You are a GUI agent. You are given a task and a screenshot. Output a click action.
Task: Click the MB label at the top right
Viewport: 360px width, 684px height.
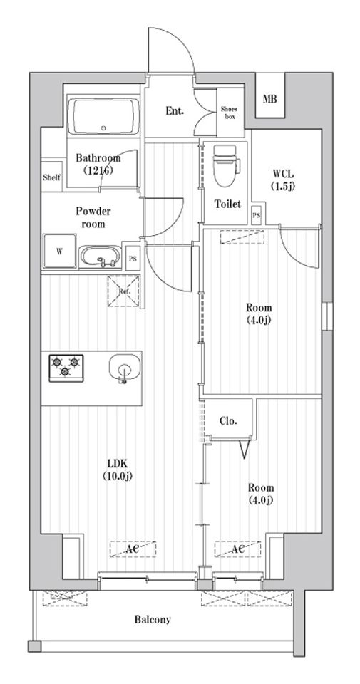[270, 99]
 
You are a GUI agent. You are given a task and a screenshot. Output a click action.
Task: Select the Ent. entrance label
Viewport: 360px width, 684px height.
[175, 111]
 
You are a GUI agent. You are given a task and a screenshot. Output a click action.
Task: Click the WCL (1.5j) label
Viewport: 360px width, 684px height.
[282, 179]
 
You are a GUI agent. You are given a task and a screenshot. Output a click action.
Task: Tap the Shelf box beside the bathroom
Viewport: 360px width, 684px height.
[51, 177]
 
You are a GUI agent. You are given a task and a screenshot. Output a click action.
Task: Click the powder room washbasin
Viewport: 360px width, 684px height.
[101, 256]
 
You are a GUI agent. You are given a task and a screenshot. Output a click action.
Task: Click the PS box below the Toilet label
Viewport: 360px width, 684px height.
[256, 214]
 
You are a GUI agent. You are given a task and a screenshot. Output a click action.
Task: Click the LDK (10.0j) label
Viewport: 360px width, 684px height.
[118, 470]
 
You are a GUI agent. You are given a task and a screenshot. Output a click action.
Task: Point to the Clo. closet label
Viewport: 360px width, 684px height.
[228, 420]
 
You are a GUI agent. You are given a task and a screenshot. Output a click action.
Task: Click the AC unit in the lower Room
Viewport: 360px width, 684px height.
[237, 550]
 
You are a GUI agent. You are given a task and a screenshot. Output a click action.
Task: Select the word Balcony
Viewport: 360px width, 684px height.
[153, 620]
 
